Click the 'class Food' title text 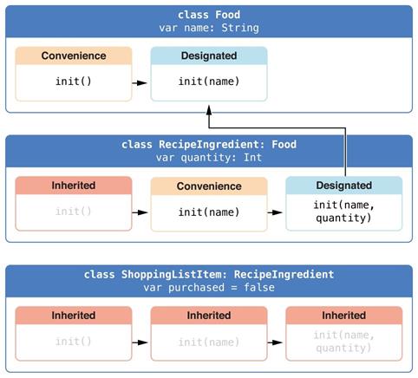[209, 15]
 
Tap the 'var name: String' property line [209, 28]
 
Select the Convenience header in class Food [74, 55]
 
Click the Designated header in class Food [209, 55]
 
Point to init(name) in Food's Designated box [209, 81]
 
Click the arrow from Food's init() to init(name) [140, 83]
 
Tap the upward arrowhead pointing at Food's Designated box [209, 110]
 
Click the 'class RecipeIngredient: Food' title [209, 145]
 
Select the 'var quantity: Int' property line [209, 158]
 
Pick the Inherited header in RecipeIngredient [74, 186]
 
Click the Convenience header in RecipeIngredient [209, 186]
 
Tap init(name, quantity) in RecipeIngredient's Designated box [344, 212]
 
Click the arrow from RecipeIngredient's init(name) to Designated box [275, 212]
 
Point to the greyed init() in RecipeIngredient [74, 212]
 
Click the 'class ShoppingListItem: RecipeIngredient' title [209, 274]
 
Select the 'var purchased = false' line [209, 288]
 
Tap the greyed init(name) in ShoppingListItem [209, 342]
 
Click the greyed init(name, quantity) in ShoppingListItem [344, 342]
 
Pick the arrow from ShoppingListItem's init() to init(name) [140, 342]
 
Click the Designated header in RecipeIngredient [344, 186]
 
